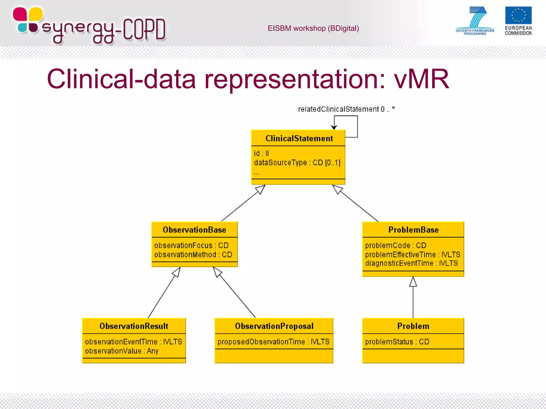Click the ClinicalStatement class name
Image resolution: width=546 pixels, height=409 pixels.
[299, 138]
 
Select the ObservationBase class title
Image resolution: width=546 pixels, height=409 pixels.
[194, 230]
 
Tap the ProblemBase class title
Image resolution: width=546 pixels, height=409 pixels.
[413, 230]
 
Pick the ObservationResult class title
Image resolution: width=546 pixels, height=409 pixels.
[134, 326]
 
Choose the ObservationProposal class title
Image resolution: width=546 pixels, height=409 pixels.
[274, 326]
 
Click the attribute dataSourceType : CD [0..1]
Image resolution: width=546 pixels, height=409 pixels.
[297, 162]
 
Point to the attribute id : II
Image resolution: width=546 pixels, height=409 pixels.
[261, 153]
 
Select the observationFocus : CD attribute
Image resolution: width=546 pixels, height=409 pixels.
[191, 245]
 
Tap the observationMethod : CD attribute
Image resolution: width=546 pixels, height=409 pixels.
[193, 255]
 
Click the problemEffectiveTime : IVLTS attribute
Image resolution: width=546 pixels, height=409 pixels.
[412, 255]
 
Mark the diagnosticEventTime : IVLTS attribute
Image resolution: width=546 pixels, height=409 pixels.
[411, 263]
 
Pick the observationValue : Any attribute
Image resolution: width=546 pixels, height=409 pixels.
[122, 351]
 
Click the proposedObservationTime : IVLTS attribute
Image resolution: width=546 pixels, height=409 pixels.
[274, 342]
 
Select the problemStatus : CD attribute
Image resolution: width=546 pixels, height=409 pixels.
[397, 342]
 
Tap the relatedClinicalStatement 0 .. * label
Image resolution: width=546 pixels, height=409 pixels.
[346, 109]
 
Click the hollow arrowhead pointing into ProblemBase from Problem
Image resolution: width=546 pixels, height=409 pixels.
[413, 282]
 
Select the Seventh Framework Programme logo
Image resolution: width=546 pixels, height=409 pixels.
[475, 21]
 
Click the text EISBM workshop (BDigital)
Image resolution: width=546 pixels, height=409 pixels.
[313, 28]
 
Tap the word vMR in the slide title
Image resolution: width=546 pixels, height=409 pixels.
[421, 79]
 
